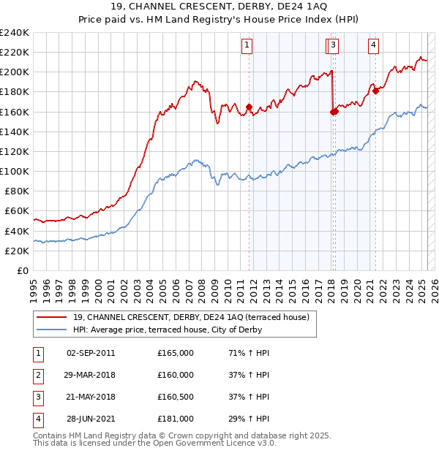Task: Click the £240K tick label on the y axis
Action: pos(15,33)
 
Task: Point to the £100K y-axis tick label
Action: pos(15,171)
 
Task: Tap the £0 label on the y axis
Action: pos(22,270)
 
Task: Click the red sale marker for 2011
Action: pos(249,107)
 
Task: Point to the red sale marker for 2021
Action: pos(375,91)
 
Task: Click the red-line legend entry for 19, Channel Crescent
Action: pos(192,317)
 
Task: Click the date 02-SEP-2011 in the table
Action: pos(91,353)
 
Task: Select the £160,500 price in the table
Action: pos(176,397)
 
